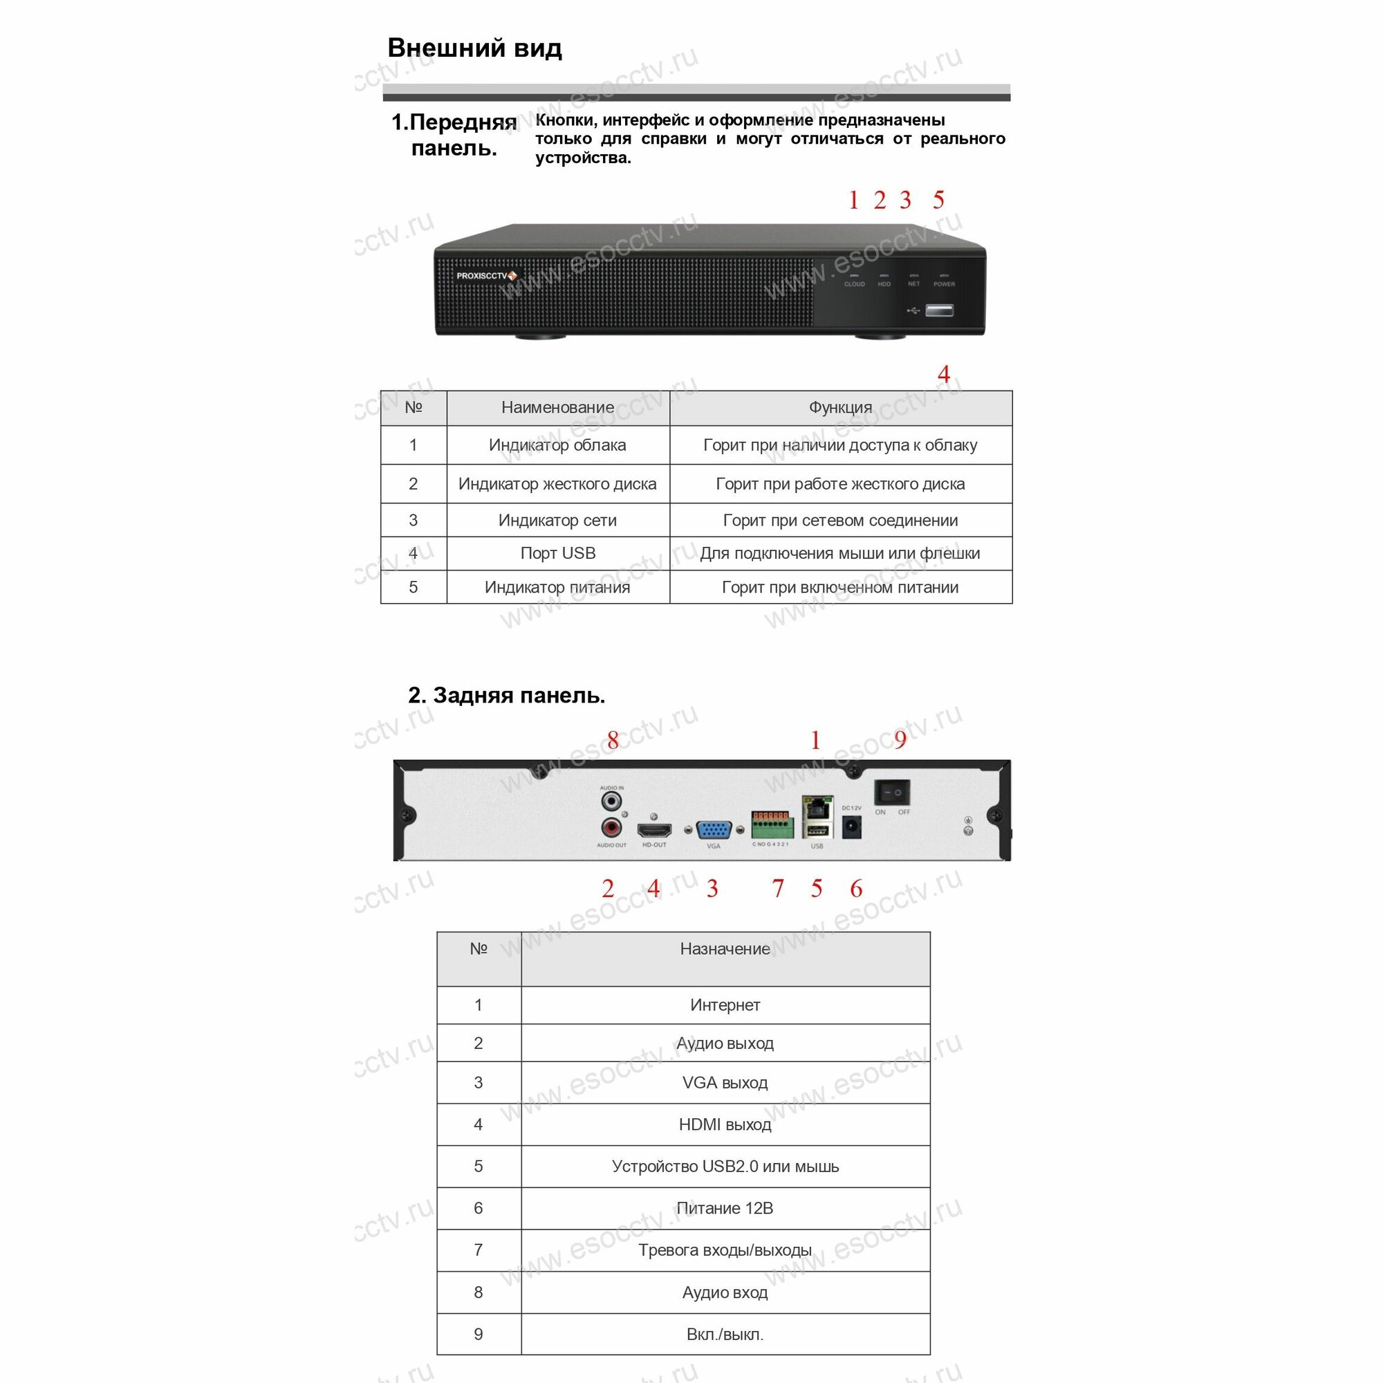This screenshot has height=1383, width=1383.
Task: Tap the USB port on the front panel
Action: point(938,310)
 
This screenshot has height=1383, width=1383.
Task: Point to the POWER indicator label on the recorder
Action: point(944,284)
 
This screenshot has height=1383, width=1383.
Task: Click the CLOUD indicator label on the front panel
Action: point(854,284)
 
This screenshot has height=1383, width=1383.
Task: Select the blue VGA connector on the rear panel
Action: point(713,830)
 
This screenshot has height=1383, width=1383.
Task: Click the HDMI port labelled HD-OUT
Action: point(654,830)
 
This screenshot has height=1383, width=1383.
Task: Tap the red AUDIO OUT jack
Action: point(611,829)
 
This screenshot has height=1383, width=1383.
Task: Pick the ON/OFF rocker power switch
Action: point(892,793)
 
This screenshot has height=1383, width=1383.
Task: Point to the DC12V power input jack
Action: point(851,828)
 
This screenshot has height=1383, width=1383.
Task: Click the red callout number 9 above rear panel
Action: point(900,739)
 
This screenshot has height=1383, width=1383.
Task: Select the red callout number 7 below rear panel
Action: point(778,889)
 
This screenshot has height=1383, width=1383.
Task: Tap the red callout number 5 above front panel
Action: point(938,200)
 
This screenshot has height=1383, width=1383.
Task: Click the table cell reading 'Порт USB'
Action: point(557,553)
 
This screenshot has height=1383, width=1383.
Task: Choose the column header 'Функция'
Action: point(840,407)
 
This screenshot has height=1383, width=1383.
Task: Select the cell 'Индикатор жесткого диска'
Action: point(557,484)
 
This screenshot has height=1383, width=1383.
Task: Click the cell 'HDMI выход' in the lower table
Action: point(725,1124)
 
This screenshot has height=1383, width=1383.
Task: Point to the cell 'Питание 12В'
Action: point(725,1208)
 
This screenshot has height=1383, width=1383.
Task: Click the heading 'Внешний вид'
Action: point(474,48)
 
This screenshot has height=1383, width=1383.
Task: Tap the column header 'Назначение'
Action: point(725,949)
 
